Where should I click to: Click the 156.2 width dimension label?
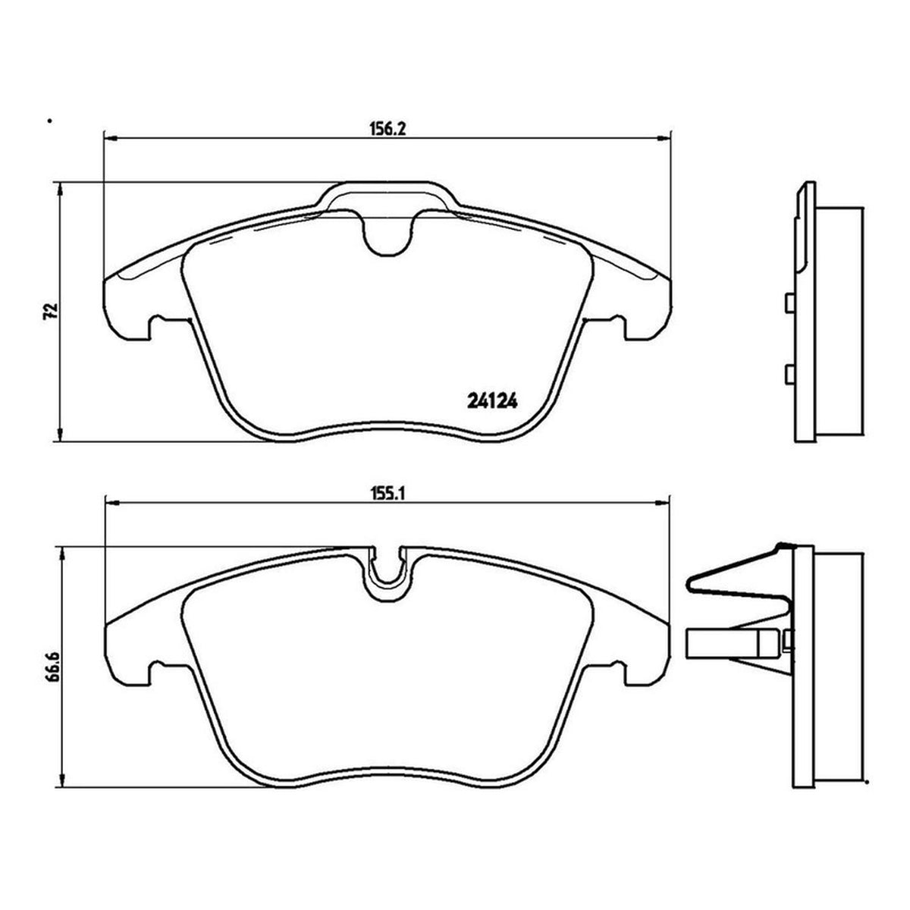[387, 128]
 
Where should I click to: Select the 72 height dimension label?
[50, 311]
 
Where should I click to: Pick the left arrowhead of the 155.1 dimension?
[111, 504]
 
